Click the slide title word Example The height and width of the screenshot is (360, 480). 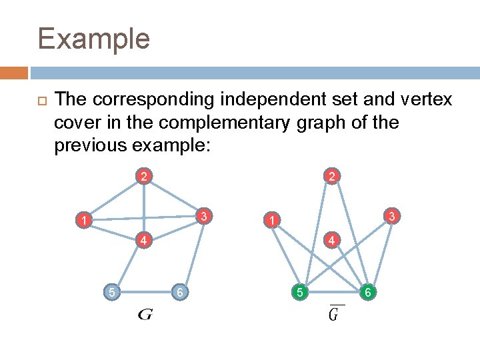(94, 39)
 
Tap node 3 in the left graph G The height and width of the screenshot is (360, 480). (207, 215)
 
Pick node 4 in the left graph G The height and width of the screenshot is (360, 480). (143, 240)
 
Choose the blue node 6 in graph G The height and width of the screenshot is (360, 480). (178, 291)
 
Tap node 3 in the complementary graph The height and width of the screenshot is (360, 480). (393, 215)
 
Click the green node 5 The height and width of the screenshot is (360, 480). (300, 291)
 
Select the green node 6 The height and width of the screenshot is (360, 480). (367, 291)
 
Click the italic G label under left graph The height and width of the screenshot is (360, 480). (145, 314)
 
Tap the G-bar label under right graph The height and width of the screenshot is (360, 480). (337, 313)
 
